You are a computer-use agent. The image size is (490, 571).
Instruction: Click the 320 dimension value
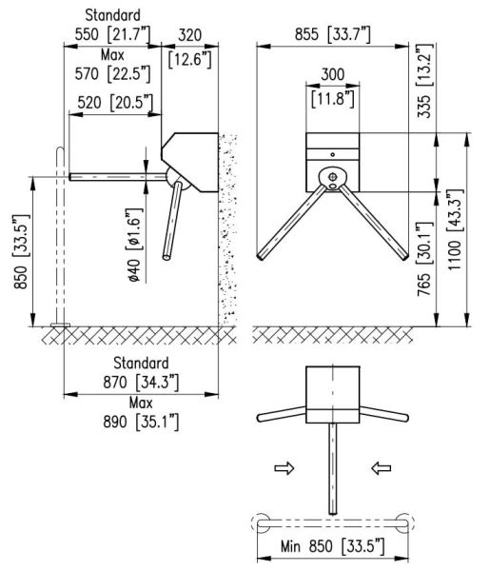(189, 35)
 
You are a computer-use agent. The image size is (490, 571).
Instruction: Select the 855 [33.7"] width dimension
(332, 34)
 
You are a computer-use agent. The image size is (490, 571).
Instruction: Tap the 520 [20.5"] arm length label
(115, 103)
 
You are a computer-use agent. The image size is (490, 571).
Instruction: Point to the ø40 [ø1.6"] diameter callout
(133, 246)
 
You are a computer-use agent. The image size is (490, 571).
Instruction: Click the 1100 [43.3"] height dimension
(456, 229)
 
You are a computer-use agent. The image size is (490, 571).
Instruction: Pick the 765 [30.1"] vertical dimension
(424, 259)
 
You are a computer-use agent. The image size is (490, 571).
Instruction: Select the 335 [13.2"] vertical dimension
(424, 81)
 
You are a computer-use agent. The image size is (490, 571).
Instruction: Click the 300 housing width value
(332, 74)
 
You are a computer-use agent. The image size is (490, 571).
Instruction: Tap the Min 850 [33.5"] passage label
(332, 546)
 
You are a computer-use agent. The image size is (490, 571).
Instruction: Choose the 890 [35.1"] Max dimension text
(141, 422)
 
